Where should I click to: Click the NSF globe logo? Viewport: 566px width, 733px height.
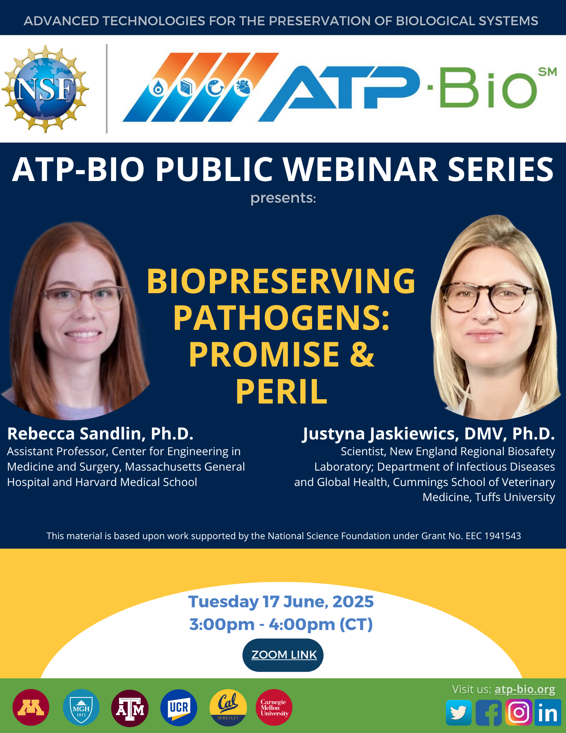tap(45, 89)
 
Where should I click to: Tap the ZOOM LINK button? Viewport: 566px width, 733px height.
tap(283, 655)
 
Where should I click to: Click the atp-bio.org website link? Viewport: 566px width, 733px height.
tap(525, 689)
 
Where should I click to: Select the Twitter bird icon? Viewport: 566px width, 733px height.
tap(459, 712)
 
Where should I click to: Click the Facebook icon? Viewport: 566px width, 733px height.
tap(489, 712)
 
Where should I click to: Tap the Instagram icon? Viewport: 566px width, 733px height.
tap(518, 712)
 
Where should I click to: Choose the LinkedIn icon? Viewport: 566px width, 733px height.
tap(548, 712)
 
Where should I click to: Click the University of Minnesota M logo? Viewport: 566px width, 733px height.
tap(31, 707)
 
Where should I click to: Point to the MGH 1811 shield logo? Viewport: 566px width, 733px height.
tap(81, 707)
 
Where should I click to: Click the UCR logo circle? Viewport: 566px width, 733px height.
tap(179, 707)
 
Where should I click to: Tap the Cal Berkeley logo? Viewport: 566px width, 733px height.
tap(228, 707)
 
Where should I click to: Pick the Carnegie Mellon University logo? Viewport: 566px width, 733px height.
tap(274, 707)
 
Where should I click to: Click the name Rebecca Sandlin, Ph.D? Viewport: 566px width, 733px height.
tap(100, 434)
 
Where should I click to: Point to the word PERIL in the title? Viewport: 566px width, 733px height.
tap(281, 392)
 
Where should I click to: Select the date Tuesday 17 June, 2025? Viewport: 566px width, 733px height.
tap(281, 601)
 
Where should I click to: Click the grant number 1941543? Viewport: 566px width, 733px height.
tap(503, 536)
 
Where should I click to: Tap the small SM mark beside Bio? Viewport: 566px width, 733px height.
tap(547, 72)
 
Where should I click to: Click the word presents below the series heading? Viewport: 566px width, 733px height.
tap(283, 198)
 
